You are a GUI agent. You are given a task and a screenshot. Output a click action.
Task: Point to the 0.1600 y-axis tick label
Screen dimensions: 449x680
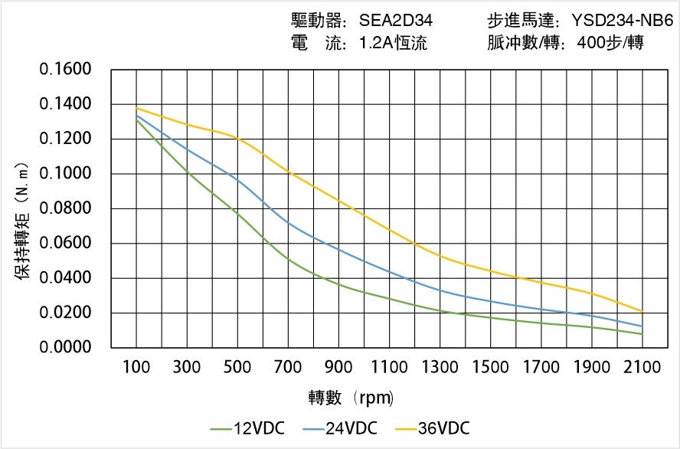[65, 70]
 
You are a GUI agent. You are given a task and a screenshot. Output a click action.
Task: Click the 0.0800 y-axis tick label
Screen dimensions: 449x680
[65, 208]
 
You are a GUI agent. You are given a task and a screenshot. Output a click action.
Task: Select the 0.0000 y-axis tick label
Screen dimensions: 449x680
[65, 348]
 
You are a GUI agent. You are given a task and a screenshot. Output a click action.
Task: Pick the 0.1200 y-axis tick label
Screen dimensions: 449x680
[65, 139]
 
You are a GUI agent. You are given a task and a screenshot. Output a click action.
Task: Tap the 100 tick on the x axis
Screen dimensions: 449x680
[137, 368]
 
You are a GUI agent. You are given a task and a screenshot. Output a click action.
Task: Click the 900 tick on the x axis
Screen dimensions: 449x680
[338, 368]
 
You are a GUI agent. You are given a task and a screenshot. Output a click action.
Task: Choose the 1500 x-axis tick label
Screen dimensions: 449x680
[490, 368]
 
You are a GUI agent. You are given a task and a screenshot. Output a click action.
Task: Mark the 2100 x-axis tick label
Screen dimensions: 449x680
[642, 368]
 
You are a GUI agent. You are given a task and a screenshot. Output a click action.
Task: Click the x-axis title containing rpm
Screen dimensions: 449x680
[351, 398]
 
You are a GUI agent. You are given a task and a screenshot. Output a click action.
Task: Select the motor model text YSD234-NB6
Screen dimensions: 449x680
[622, 21]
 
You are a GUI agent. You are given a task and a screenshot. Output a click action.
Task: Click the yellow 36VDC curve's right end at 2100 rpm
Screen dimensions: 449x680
[642, 311]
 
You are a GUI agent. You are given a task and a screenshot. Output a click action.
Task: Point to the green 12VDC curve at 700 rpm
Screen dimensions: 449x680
[289, 259]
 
